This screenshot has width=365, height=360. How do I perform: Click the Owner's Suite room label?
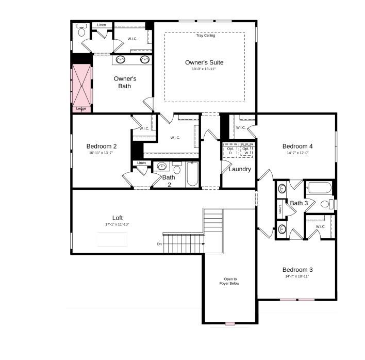204,62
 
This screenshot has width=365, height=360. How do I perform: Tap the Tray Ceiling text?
205,36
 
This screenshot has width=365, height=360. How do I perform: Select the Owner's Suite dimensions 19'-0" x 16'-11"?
204,69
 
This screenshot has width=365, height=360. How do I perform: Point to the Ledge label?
81,109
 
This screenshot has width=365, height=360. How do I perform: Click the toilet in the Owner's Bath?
81,30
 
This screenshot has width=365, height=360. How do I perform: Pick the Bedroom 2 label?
102,146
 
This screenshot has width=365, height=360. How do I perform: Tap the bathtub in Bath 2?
192,174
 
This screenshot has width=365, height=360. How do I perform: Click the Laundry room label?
240,169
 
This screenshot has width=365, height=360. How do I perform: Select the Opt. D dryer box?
230,151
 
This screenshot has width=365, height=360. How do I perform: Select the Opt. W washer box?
246,151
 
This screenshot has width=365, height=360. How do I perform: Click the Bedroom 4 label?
297,146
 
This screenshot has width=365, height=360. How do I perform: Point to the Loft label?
118,218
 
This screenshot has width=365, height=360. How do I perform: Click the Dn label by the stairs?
160,244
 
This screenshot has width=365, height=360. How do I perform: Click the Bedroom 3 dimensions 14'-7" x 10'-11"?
297,276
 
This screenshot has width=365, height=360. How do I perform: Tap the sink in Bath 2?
161,167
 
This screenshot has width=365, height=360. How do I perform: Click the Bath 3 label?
298,203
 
